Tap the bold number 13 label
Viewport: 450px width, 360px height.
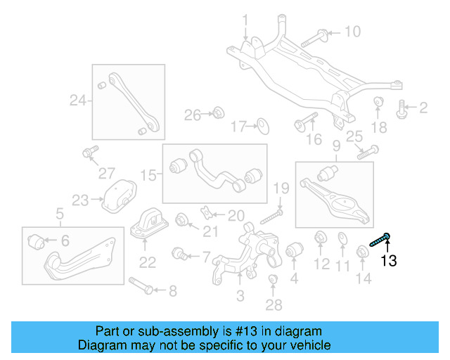(388, 262)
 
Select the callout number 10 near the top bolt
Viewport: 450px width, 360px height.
(352, 32)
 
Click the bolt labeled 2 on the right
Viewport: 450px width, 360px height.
(403, 108)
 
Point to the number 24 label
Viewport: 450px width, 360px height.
(77, 101)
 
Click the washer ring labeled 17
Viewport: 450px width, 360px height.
(262, 127)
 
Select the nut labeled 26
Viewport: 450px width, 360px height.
(217, 112)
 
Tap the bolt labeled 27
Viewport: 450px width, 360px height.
(89, 152)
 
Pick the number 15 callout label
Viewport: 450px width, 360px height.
(147, 174)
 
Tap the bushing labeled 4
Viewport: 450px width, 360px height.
(294, 250)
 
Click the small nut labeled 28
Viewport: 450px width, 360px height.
(274, 283)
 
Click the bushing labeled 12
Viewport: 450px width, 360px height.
(320, 238)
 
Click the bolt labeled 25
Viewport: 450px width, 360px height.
(368, 151)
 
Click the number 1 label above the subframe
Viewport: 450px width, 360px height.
(245, 19)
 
